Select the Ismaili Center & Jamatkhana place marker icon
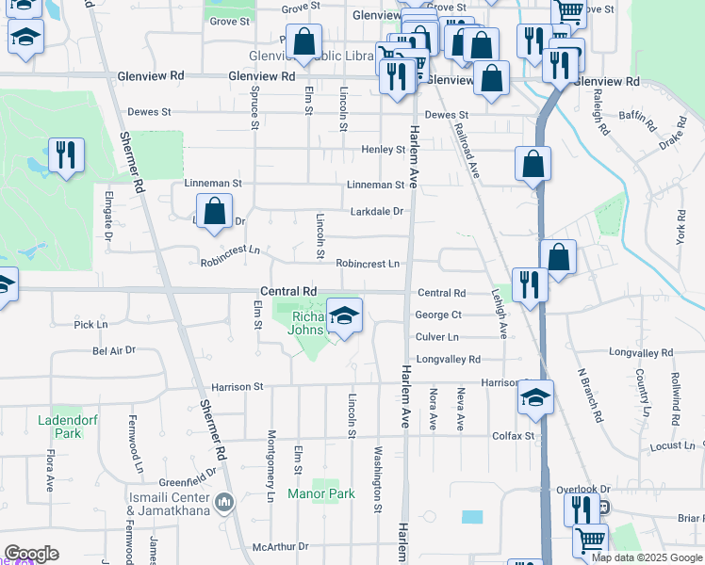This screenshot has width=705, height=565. (224, 500)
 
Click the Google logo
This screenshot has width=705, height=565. (31, 554)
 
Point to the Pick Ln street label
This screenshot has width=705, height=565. (91, 324)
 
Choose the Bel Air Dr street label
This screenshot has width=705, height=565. (114, 350)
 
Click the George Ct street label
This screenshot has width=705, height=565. (438, 315)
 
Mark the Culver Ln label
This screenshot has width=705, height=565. (436, 336)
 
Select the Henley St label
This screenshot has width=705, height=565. (383, 149)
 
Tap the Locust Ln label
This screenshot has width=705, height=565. (671, 444)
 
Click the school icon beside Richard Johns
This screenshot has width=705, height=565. (345, 316)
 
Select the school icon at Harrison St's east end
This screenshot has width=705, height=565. (535, 398)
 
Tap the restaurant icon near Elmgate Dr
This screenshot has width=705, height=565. (66, 155)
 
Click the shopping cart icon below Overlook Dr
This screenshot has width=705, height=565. (590, 541)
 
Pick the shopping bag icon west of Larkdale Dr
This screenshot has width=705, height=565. (215, 212)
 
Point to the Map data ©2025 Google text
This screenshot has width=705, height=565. (648, 557)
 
